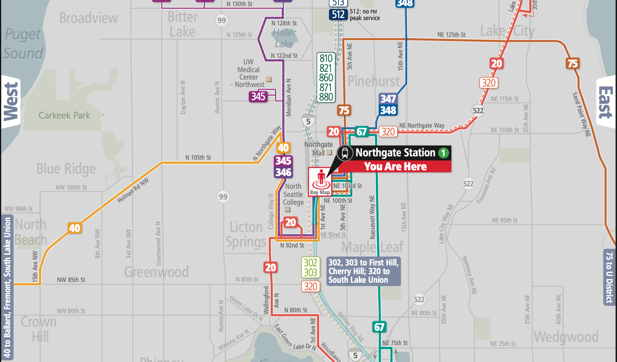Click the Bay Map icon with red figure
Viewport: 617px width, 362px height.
320,181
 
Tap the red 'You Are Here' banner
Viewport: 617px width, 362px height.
395,167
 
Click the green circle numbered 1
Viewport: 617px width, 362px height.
443,153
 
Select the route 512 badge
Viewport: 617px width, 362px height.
338,15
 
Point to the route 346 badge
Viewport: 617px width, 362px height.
283,172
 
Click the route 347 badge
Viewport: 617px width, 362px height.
388,99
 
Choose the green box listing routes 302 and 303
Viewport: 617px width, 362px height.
310,268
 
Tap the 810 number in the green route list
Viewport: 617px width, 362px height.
326,59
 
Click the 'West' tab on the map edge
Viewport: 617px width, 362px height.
11,102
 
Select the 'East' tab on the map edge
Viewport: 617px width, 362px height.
606,102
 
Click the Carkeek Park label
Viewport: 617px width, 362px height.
64,116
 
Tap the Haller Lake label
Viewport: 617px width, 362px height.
284,38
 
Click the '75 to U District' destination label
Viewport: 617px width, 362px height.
609,277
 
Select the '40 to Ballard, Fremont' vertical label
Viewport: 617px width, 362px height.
7,287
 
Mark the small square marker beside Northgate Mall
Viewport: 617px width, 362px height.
329,153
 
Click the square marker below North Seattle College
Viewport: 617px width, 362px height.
288,210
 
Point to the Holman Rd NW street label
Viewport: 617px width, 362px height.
133,190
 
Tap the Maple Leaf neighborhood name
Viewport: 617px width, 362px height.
372,247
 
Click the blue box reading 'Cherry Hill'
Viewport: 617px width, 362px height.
363,271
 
